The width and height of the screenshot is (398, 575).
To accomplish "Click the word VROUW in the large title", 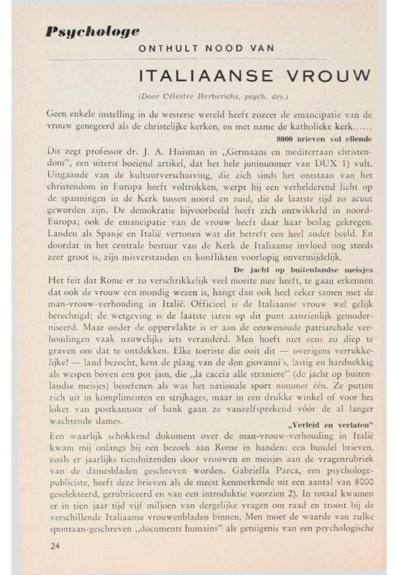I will pyautogui.click(x=325, y=75).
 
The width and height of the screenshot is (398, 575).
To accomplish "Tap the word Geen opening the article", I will pyautogui.click(x=58, y=114).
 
